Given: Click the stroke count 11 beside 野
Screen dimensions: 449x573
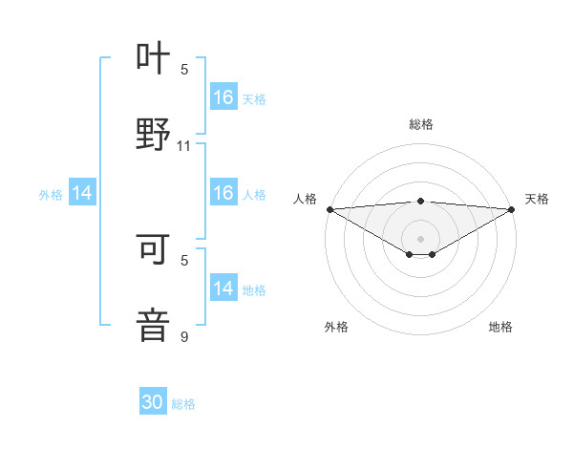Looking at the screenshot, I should point(184,146).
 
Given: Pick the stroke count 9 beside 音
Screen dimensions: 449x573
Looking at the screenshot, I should point(184,336).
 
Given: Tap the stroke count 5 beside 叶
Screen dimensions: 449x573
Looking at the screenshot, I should point(184,70).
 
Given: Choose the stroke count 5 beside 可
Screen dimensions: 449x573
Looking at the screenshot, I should point(184,260).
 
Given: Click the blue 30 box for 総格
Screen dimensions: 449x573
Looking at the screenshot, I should point(153,403).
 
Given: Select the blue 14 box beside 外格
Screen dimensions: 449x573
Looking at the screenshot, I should point(82,194).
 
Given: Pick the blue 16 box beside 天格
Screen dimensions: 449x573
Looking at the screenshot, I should point(223,97).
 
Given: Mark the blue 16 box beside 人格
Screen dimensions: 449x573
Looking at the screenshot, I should point(223,194).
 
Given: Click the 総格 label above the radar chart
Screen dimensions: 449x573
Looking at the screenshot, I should point(420,124).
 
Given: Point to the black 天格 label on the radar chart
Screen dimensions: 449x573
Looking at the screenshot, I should point(537,199).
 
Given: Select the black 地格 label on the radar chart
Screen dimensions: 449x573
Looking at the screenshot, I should point(500,327).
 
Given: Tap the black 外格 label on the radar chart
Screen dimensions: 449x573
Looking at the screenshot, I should point(336,327).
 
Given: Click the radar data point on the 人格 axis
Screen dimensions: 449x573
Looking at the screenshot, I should point(329,209).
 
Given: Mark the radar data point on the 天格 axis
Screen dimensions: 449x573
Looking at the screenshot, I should point(511,209).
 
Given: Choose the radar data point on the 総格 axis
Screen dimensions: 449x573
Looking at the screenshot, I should point(420,201).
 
